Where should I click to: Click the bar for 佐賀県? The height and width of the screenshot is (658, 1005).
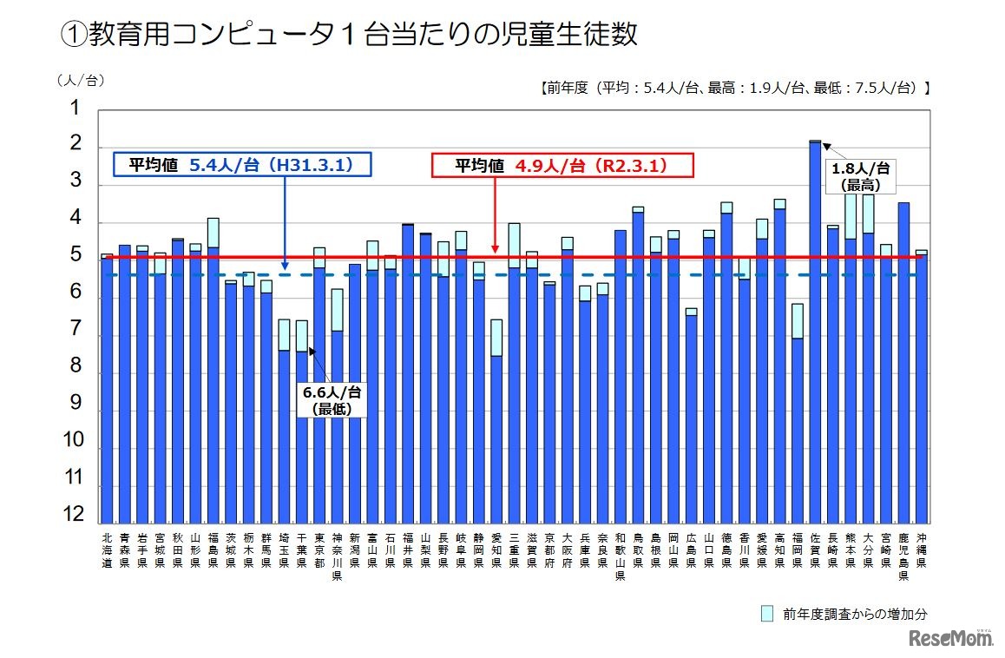[815, 330]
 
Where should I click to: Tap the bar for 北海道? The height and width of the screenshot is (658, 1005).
[107, 391]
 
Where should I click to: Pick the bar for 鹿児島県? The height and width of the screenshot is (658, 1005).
[903, 365]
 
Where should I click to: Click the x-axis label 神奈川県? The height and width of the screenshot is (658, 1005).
[337, 556]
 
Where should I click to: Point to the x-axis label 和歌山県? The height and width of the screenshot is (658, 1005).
[620, 556]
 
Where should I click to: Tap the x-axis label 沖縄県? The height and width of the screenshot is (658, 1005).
[921, 549]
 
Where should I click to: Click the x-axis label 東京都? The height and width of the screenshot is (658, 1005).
[319, 549]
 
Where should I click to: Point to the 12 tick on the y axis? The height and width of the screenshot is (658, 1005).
[74, 515]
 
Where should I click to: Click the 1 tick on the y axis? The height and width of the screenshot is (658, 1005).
[74, 109]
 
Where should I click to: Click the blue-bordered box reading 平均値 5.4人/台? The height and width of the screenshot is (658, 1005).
[242, 166]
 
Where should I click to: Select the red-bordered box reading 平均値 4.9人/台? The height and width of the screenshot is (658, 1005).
[562, 166]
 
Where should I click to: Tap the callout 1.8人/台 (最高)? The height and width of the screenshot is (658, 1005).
[860, 176]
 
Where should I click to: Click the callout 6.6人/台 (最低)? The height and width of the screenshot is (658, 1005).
[332, 400]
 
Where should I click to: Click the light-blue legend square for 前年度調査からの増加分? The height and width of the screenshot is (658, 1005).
[766, 614]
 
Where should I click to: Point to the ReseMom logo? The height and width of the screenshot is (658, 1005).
[951, 639]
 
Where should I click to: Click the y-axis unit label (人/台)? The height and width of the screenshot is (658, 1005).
[80, 80]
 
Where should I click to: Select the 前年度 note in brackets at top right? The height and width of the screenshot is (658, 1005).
[734, 87]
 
